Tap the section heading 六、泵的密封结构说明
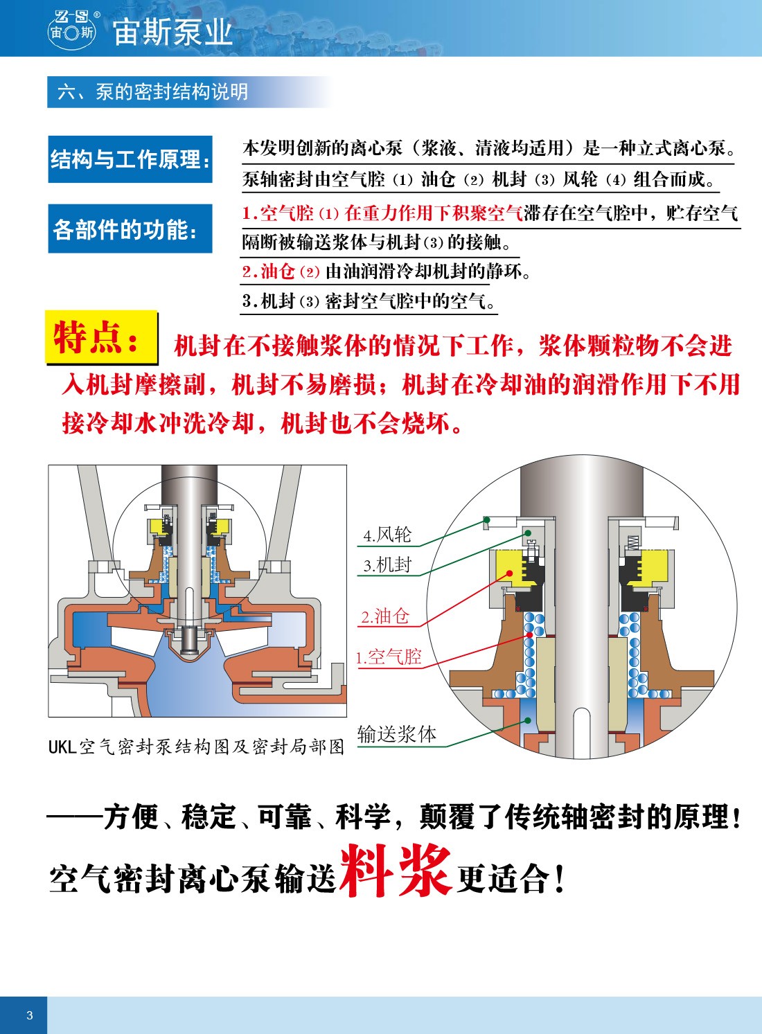pos(152,92)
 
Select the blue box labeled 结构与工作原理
pos(130,159)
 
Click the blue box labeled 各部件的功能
pos(130,229)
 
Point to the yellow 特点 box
pos(101,337)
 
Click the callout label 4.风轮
pos(387,535)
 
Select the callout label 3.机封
pos(387,564)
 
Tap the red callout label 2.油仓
pos(385,616)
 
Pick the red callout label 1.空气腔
pos(389,657)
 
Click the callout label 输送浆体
pos(397,733)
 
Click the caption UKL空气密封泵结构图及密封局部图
pos(197,747)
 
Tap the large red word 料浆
pos(396,871)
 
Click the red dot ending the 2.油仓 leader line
pos(510,573)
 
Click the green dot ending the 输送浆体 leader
pos(527,720)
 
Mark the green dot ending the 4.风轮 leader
pos(486,519)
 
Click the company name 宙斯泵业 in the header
pos(172,33)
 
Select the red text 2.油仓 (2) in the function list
pos(281,271)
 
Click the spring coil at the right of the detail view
pos(632,542)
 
